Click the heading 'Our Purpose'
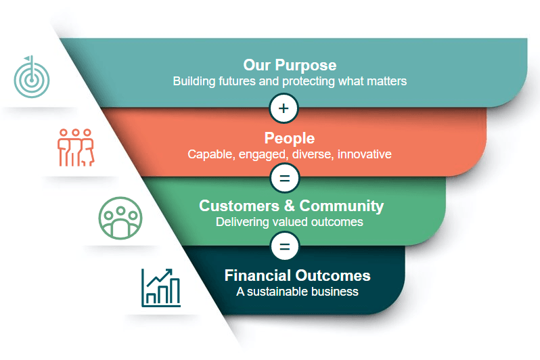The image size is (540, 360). pos(290,65)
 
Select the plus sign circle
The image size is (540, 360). pos(284,108)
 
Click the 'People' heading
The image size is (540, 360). pos(290,138)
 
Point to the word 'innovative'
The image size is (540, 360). pos(364,154)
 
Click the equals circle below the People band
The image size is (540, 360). pos(284,178)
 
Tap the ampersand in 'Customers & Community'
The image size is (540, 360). pos(290,206)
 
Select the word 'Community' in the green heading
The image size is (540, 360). pos(341,206)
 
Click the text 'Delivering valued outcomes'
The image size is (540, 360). pos(290,222)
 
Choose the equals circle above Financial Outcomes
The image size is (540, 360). pos(284,246)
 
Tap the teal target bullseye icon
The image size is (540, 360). pos(32,77)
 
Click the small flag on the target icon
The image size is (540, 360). pos(28,59)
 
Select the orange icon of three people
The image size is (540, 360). pos(76,148)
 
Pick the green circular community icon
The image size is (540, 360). pos(120,218)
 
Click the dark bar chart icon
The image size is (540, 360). pos(161,288)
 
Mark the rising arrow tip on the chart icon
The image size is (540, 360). pos(171,270)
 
